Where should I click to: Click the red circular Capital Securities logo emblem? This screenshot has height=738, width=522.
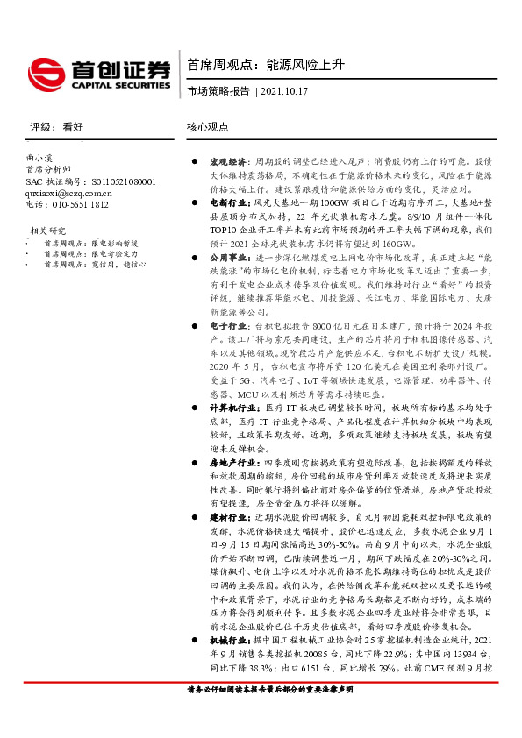coord(42,72)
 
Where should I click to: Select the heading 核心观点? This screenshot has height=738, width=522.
coord(208,127)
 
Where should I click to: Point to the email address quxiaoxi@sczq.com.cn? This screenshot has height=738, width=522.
coord(68,193)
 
